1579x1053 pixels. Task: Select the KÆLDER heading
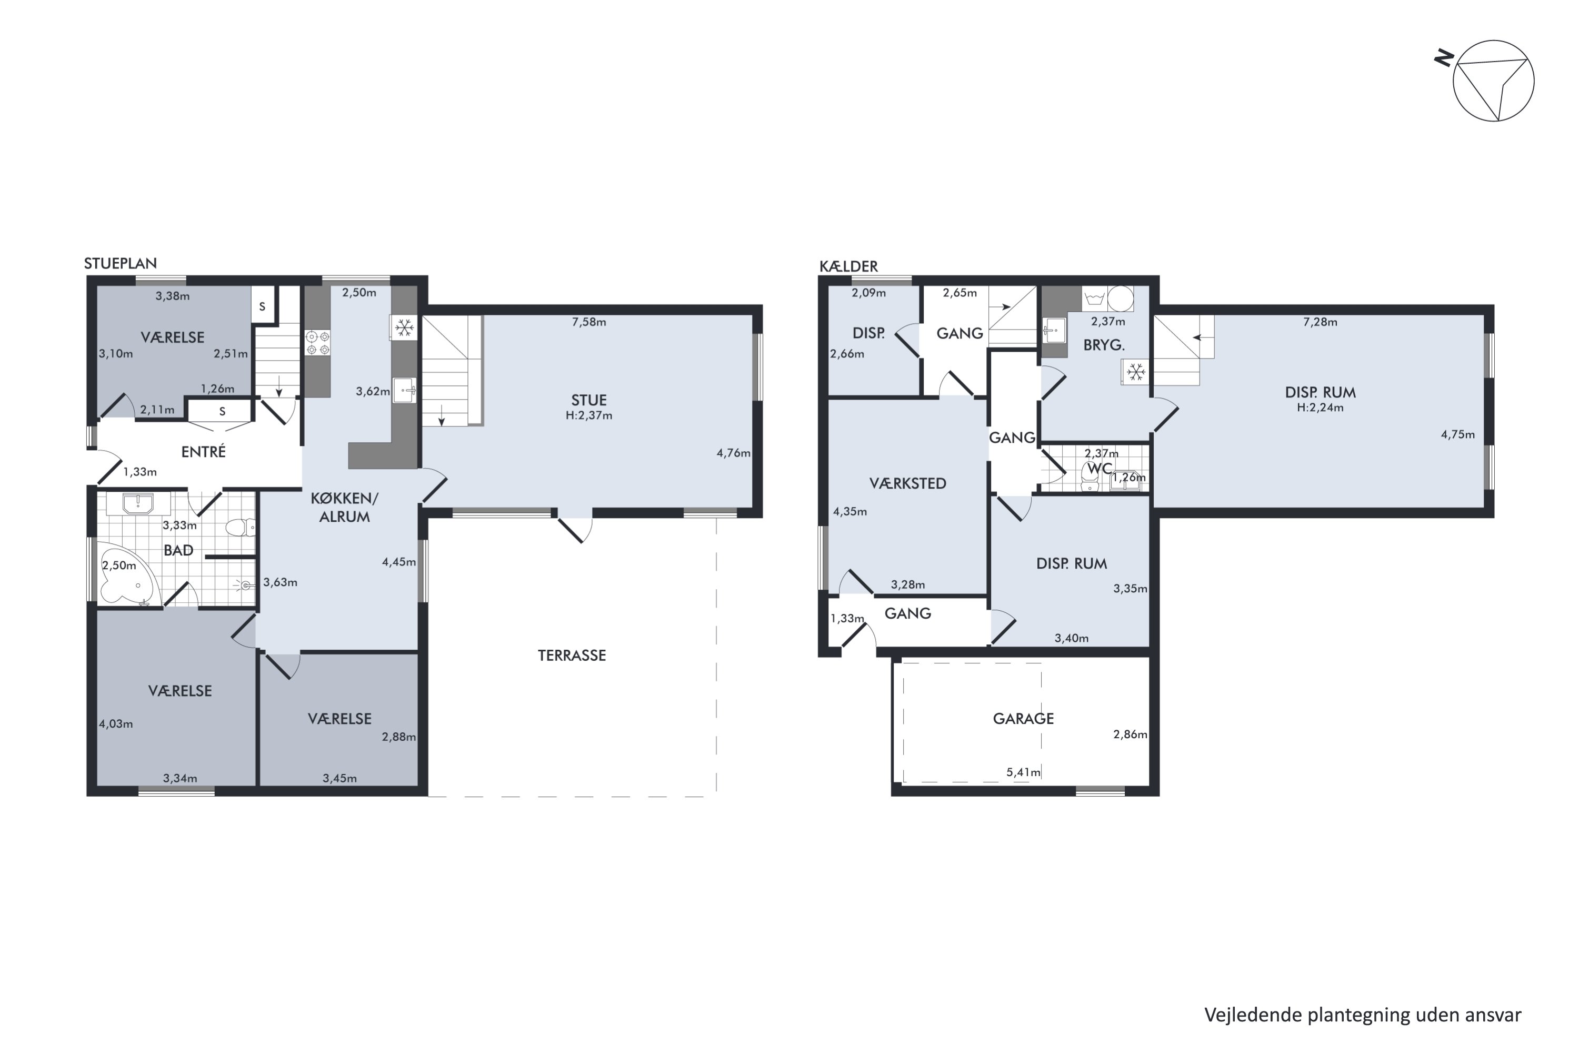[848, 266]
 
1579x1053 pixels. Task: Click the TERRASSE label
[572, 655]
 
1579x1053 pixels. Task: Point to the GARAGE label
[1023, 719]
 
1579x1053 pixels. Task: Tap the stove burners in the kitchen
[317, 343]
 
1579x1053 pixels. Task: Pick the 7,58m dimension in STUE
[589, 322]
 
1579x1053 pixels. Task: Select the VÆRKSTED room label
[907, 483]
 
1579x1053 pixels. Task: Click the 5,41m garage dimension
[1023, 772]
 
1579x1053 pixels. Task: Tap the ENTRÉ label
[203, 452]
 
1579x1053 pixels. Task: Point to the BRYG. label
[1104, 345]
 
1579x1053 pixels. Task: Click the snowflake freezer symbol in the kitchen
[404, 327]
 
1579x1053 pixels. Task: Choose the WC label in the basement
[1100, 468]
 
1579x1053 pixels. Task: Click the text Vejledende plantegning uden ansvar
[1363, 1015]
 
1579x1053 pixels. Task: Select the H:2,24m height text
[1320, 408]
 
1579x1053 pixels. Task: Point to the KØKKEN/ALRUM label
[344, 508]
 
